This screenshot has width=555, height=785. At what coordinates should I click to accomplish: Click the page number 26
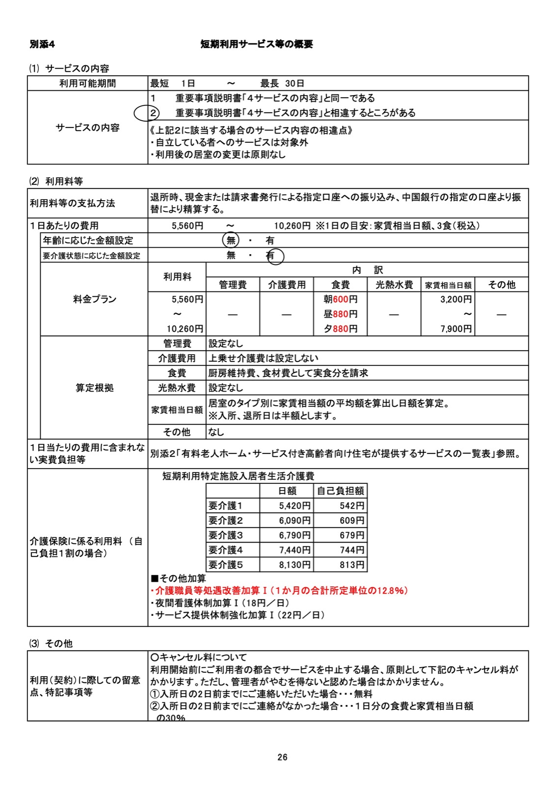(282, 757)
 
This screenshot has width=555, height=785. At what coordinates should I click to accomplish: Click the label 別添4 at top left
(42, 44)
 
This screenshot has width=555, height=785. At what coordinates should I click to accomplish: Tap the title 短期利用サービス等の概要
(257, 44)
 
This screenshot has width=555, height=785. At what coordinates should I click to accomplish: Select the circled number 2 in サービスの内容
(153, 113)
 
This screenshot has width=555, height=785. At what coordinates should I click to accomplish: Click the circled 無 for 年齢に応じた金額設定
(231, 240)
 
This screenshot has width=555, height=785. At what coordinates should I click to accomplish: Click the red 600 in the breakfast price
(341, 299)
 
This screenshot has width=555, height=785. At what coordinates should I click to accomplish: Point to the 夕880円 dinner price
(340, 329)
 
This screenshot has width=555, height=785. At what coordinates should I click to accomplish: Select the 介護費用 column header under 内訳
(287, 285)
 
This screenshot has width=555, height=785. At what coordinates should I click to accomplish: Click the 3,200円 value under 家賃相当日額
(456, 299)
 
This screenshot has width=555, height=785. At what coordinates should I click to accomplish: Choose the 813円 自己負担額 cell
(352, 565)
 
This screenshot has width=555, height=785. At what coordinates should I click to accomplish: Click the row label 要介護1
(226, 506)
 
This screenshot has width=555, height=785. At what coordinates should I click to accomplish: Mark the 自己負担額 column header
(341, 491)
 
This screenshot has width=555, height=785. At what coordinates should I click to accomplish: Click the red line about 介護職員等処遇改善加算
(279, 591)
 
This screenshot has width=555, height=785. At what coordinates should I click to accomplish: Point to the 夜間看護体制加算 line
(220, 603)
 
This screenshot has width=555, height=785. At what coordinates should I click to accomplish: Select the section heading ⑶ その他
(51, 643)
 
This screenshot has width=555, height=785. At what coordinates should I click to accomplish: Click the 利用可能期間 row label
(87, 83)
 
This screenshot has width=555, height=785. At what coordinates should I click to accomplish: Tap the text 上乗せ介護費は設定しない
(264, 358)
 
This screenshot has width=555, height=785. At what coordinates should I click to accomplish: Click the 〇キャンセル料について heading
(199, 657)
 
